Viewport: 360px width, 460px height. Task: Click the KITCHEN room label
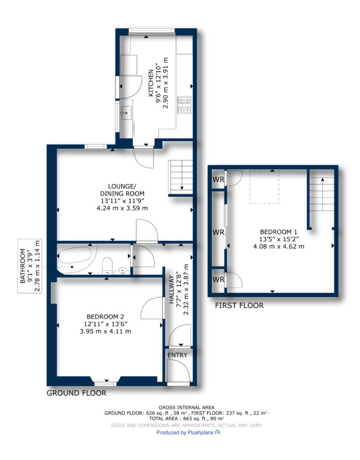(x=151, y=83)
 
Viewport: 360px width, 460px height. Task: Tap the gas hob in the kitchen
(x=184, y=105)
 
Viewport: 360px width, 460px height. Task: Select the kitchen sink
(x=126, y=113)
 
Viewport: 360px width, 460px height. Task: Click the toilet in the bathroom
(x=107, y=266)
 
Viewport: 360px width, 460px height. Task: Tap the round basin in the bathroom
(x=123, y=270)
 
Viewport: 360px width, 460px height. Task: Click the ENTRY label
(x=177, y=355)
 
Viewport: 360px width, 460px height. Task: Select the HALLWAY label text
(x=172, y=289)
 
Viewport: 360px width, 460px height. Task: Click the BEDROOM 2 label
(x=105, y=317)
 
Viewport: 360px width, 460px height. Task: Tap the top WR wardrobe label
(x=218, y=179)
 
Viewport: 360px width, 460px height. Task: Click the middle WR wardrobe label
(x=218, y=233)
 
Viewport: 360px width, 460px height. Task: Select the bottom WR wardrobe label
(x=218, y=280)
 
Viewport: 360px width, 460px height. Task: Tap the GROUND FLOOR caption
(x=77, y=393)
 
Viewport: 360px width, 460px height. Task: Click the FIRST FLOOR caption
(x=239, y=306)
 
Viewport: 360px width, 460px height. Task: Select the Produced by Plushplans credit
(x=188, y=432)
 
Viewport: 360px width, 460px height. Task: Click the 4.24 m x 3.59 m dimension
(x=122, y=209)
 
